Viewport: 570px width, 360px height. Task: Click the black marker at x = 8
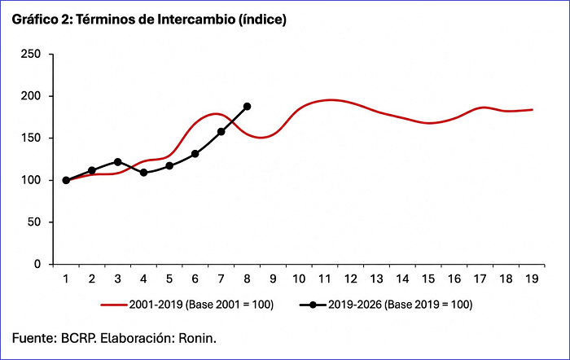click(x=248, y=107)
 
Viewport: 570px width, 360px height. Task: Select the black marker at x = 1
click(x=66, y=180)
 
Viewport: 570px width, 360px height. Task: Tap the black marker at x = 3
click(x=118, y=162)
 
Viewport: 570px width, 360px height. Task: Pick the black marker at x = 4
click(x=143, y=173)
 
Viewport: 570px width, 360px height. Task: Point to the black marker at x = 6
click(x=195, y=154)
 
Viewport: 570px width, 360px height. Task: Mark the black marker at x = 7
click(x=221, y=132)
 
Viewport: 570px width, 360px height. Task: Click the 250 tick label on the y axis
click(x=31, y=55)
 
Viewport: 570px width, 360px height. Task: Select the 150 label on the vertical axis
click(x=31, y=138)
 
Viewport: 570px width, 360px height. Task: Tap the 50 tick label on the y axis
click(x=34, y=222)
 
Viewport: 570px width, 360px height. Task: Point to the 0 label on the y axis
click(x=37, y=264)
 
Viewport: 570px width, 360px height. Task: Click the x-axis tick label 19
click(x=532, y=279)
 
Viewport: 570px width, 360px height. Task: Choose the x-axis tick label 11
click(x=325, y=279)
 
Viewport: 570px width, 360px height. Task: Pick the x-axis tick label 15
click(x=428, y=279)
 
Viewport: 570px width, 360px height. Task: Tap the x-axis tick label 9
click(x=273, y=279)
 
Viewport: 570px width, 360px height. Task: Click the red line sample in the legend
click(x=114, y=305)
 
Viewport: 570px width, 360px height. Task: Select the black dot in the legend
click(x=313, y=305)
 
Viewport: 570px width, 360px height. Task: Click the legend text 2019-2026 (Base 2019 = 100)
click(x=401, y=305)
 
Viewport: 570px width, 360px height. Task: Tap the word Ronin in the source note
click(x=197, y=339)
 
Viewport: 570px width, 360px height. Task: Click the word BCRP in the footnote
click(x=78, y=339)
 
